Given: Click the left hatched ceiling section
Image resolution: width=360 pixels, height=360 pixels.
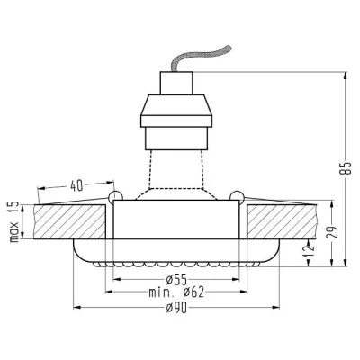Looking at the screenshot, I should [x=72, y=221].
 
